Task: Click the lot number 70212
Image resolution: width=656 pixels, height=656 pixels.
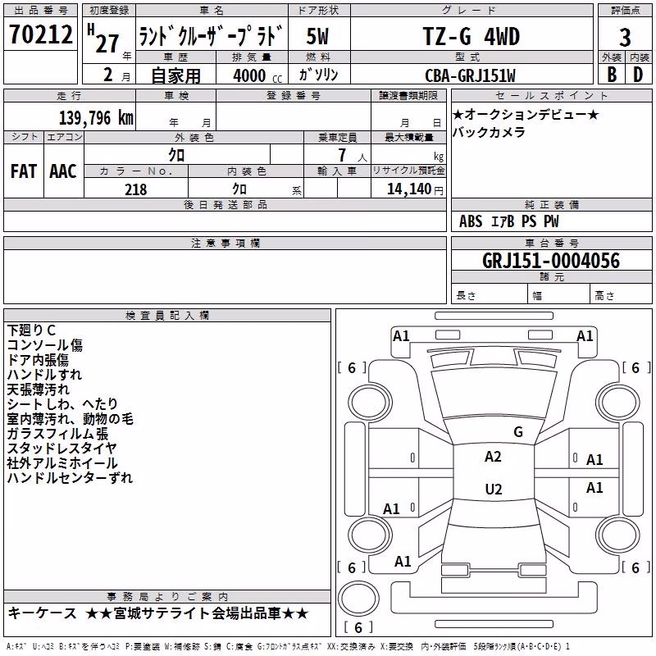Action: pos(41,34)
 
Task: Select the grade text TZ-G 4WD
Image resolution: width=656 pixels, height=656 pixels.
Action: pos(471,36)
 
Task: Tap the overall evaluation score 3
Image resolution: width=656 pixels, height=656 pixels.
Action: pos(625,38)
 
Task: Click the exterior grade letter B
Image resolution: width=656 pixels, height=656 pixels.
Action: pos(612,75)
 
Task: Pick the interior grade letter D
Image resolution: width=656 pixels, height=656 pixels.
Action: pos(638,75)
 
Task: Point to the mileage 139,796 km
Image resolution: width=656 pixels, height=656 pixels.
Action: pos(96,117)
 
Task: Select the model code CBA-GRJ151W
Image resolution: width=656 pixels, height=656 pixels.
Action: pos(470,75)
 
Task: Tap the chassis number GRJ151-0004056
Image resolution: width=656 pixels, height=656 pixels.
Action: pos(551,261)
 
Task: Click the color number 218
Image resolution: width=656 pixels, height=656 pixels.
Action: pos(135,189)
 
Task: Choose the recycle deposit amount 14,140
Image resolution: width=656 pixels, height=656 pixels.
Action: pos(409,189)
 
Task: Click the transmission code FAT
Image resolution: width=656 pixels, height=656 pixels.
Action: pos(24,171)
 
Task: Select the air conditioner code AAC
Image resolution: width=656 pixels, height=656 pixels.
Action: pos(63,171)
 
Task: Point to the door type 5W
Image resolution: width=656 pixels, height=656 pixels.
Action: pos(317,36)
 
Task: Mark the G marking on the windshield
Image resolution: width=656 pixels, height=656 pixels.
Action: pos(518,432)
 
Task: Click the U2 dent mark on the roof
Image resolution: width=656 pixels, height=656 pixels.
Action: pos(494,489)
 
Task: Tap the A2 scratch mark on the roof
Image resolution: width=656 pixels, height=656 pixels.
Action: pos(493,457)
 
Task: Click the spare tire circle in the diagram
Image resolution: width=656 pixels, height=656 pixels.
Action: pos(358,599)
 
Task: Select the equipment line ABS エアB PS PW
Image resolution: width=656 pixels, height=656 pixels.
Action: pos(508,221)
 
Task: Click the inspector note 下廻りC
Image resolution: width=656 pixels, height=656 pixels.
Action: pos(31,330)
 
